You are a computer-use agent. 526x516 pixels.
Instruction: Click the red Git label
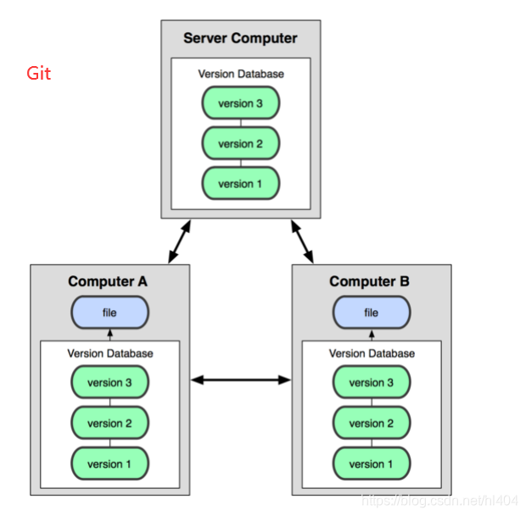pos(38,73)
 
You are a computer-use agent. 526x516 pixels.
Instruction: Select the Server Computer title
pos(240,38)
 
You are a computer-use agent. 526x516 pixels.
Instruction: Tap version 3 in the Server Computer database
pos(241,103)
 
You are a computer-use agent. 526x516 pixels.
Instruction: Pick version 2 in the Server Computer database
pos(241,143)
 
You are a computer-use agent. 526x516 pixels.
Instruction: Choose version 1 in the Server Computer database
pos(241,183)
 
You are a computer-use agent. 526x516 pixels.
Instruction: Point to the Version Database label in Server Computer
pos(241,74)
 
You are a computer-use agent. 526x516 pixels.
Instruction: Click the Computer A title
pos(108,281)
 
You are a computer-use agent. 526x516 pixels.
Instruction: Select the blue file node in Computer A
pos(109,313)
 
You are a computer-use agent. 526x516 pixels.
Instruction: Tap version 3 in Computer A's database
pos(109,382)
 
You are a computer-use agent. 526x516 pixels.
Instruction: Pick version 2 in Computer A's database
pos(109,423)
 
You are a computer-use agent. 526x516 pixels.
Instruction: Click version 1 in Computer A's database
pos(109,463)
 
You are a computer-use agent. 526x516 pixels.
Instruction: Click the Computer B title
pos(369,281)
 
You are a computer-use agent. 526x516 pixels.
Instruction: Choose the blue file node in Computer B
pos(372,313)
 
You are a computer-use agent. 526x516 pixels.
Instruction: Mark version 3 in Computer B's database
pos(372,382)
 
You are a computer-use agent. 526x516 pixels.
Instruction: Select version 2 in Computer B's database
pos(372,423)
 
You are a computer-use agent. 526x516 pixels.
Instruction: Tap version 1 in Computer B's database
pos(372,463)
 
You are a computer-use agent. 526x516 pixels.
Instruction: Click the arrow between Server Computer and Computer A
pos(180,241)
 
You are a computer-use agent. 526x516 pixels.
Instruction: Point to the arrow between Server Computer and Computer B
pos(302,241)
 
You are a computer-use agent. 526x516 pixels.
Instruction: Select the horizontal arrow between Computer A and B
pos(241,380)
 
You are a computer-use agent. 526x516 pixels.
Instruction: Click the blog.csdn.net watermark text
pos(439,501)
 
